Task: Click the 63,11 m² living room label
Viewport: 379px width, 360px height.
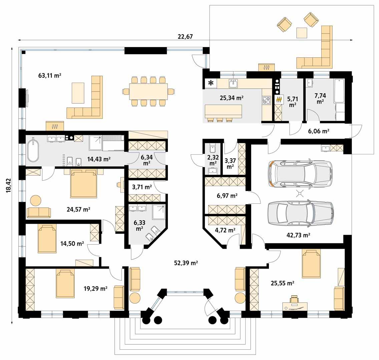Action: click(x=50, y=76)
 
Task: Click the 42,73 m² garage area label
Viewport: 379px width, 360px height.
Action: click(x=298, y=235)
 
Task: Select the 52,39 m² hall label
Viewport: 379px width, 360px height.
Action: click(x=186, y=263)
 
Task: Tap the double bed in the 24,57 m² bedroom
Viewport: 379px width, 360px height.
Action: click(x=83, y=184)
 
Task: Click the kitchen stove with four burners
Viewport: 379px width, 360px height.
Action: click(x=267, y=100)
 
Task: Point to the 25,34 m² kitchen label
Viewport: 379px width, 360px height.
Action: click(x=232, y=98)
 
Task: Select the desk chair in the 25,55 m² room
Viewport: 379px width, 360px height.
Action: click(x=294, y=299)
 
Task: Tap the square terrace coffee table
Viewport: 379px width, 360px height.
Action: click(x=302, y=33)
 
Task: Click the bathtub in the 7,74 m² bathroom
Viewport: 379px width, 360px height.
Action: click(x=339, y=91)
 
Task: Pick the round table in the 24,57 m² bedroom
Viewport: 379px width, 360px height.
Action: click(x=36, y=200)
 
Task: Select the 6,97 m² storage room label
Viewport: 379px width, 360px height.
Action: click(x=227, y=196)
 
